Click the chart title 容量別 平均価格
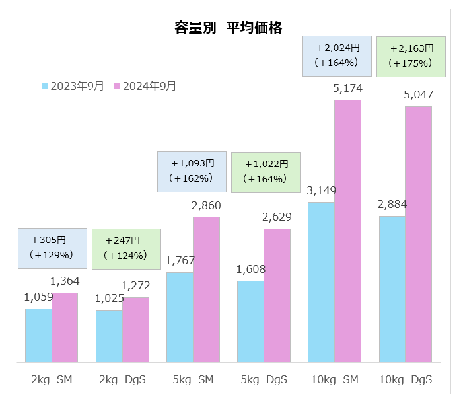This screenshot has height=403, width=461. coord(228,28)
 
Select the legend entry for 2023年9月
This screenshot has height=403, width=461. coord(73,86)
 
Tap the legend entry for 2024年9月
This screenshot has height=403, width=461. coord(145,86)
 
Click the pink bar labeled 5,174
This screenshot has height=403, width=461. coord(347,231)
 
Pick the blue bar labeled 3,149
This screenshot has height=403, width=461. coord(321,282)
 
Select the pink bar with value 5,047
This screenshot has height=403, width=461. coord(418,235)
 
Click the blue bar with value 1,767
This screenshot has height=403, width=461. coord(180,317)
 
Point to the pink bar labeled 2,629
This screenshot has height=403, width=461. coord(277,295)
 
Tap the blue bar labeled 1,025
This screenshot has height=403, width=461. coord(109,336)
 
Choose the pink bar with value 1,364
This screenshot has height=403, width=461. coord(65,327)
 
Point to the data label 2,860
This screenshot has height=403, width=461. coord(206,205)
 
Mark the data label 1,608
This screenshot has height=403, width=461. coord(250,269)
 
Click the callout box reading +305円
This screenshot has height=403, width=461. coord(52,248)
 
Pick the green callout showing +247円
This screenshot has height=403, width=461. coord(125,248)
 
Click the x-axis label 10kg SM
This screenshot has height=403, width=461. coord(334,380)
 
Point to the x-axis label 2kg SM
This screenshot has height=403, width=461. coord(52,380)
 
